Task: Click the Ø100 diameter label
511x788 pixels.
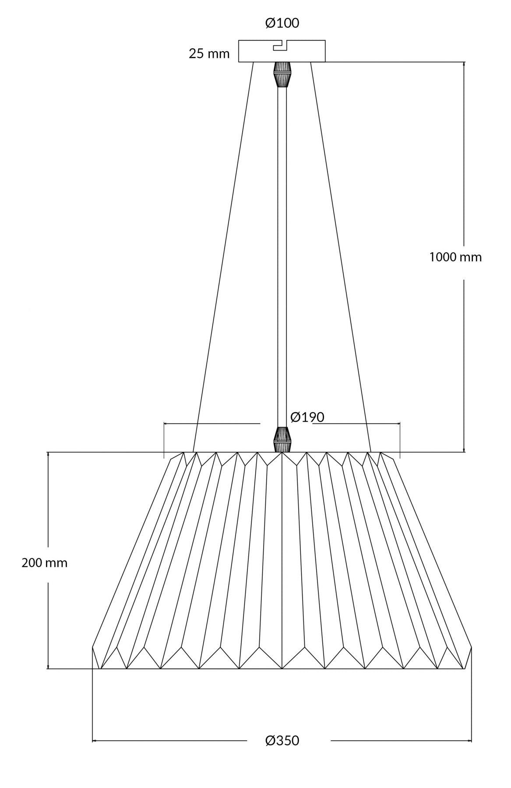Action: point(282,23)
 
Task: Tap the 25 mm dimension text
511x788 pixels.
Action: point(209,54)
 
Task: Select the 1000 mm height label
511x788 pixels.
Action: point(455,257)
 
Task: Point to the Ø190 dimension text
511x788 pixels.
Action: point(307,417)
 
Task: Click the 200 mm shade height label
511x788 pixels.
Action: point(45,563)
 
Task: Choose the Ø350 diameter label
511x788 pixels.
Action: point(282,741)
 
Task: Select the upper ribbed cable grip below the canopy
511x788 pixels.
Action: point(282,74)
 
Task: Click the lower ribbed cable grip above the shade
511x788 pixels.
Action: point(282,440)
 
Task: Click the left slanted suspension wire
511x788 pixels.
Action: point(223,254)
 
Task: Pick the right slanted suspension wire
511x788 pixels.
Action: point(341,254)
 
